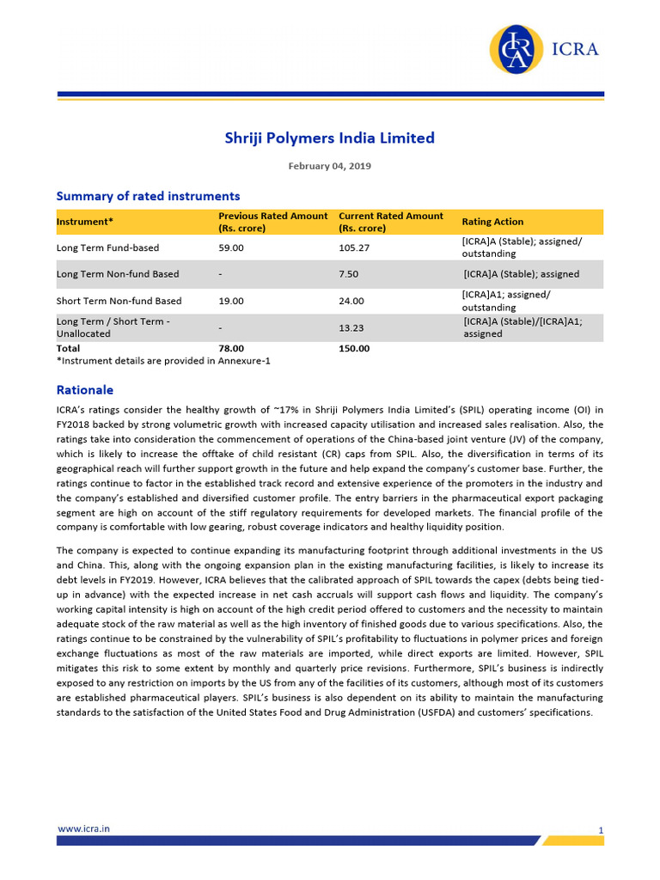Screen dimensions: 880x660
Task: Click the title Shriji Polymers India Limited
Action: pos(330,137)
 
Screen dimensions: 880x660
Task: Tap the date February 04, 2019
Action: pos(330,166)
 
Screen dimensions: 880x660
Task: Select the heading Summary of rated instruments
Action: pos(148,196)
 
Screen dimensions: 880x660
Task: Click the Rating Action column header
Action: pos(492,222)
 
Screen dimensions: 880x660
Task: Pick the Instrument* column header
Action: pos(85,222)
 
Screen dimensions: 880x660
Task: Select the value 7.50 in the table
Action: pos(348,274)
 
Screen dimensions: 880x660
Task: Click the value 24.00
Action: pos(351,301)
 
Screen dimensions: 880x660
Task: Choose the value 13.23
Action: pos(351,327)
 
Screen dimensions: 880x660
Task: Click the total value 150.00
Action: pos(354,348)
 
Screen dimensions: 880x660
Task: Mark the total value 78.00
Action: pos(231,348)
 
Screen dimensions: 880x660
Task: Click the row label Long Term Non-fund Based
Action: pos(118,274)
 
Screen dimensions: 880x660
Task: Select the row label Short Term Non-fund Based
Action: pos(119,301)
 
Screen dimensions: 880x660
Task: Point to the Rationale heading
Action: pos(84,389)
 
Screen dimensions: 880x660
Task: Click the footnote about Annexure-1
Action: pos(163,361)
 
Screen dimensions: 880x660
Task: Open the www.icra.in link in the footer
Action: pos(82,828)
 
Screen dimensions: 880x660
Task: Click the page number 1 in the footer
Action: pos(601,830)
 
